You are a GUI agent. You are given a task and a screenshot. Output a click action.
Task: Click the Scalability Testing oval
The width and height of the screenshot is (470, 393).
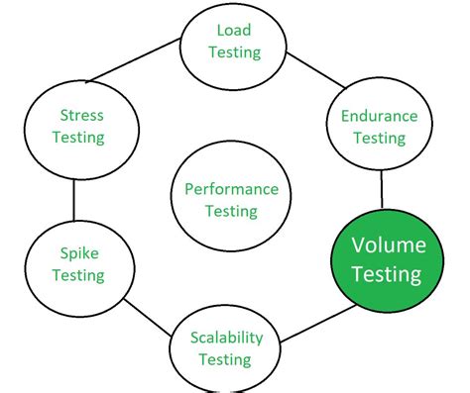(228, 348)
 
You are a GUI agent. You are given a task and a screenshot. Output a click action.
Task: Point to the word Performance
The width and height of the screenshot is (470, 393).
(231, 189)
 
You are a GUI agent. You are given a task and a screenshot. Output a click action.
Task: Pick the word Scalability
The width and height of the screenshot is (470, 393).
(228, 338)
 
